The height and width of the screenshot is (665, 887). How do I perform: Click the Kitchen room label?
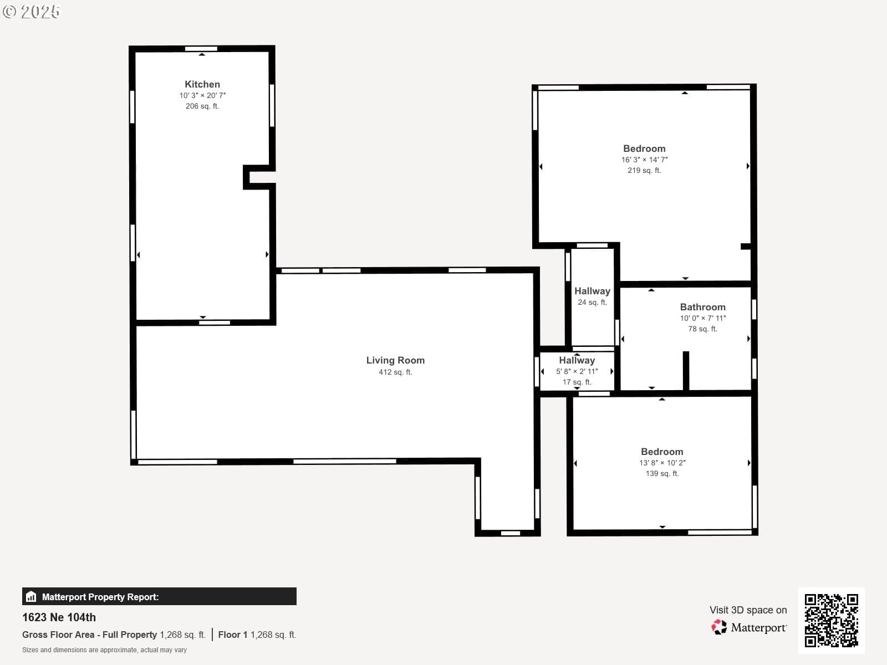[202, 84]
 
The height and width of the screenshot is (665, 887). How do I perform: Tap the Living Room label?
[395, 360]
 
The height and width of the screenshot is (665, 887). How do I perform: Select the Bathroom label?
[703, 307]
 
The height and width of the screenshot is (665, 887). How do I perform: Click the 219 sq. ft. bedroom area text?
[644, 170]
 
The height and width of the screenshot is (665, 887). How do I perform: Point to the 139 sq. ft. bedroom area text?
[662, 473]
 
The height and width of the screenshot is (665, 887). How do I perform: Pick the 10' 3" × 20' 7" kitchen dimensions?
[202, 95]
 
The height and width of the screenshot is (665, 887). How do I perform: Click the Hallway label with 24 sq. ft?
[592, 291]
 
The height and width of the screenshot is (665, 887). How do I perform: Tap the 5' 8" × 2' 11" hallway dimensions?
[577, 371]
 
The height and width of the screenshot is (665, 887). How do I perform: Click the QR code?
[831, 620]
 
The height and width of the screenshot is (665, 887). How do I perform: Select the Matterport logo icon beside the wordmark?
[719, 627]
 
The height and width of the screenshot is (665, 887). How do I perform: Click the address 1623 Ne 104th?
[59, 617]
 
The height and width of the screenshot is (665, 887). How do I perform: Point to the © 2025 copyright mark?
[31, 12]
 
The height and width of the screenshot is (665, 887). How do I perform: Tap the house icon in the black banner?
[31, 596]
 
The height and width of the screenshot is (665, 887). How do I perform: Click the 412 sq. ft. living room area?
[395, 372]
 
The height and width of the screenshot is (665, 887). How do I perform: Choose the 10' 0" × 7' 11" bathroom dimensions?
[703, 318]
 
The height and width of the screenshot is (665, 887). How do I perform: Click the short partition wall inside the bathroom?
[686, 371]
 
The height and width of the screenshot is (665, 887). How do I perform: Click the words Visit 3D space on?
[748, 610]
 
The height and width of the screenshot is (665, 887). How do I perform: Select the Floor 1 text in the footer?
[233, 635]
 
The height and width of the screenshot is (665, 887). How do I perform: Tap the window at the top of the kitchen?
[201, 49]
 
